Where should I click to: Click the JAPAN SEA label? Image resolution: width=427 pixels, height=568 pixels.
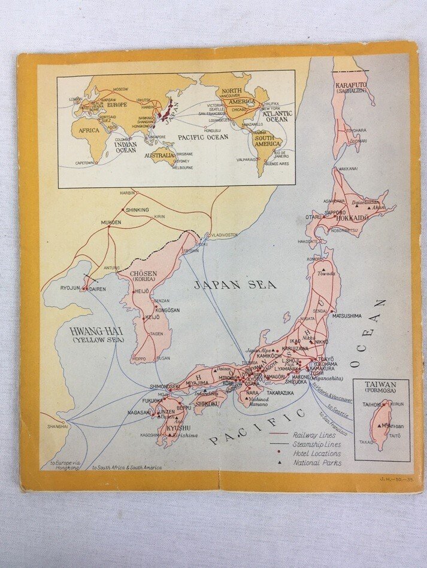tap(235, 285)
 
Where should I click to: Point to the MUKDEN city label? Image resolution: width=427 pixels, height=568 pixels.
tap(111, 222)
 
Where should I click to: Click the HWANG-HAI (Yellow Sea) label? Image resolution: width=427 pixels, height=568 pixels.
tap(97, 335)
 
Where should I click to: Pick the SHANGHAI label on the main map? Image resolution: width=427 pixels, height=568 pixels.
tap(59, 426)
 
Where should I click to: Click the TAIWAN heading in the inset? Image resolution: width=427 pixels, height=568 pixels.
tap(381, 386)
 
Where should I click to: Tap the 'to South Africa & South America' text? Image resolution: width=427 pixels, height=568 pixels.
tap(126, 467)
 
